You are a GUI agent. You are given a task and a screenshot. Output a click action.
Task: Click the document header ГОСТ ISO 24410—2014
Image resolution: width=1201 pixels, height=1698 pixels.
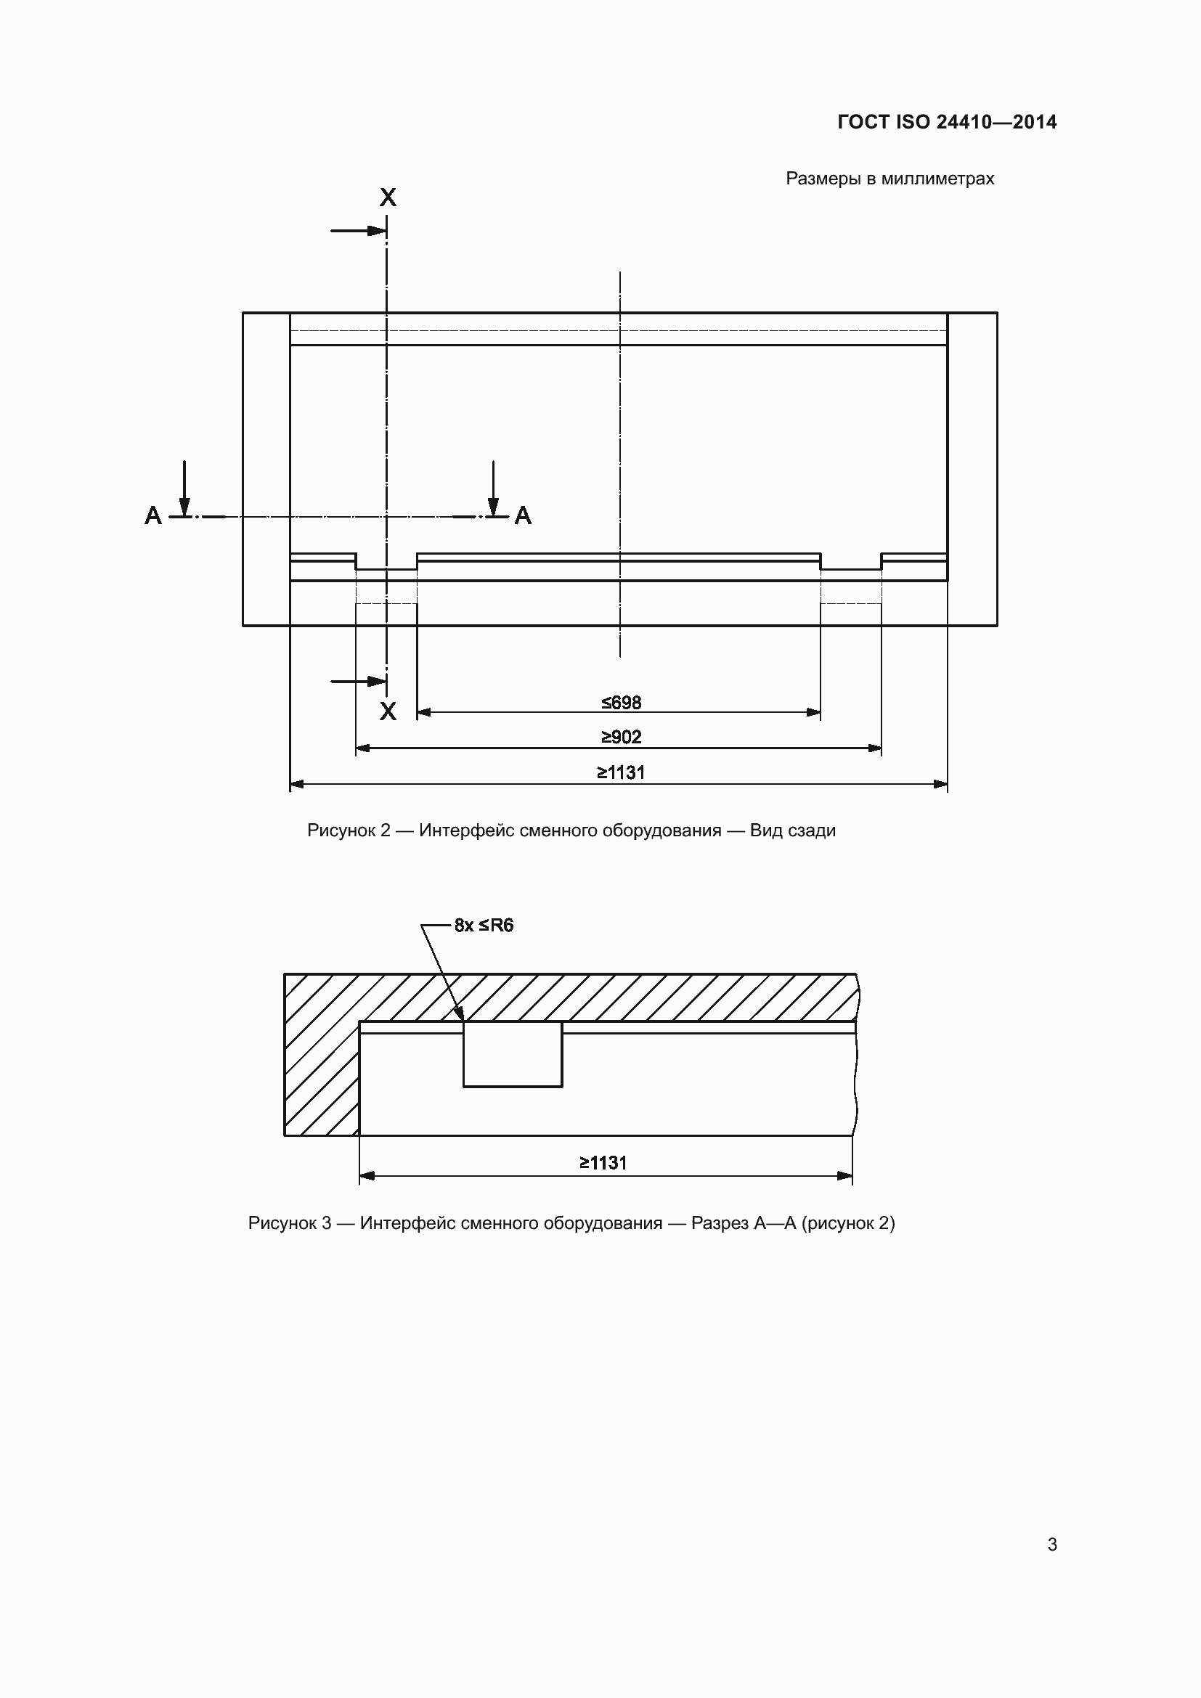(x=947, y=122)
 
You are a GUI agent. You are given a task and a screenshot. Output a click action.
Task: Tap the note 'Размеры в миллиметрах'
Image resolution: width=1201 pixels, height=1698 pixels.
(x=889, y=179)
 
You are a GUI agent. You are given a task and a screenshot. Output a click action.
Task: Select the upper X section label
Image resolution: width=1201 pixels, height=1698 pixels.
(x=388, y=197)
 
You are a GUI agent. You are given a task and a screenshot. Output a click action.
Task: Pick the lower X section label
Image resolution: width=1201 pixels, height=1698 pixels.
(x=388, y=711)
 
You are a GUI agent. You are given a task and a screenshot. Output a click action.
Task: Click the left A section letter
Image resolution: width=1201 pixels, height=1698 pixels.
(x=153, y=515)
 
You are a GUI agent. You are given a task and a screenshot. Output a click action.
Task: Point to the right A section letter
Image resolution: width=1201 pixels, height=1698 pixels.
(x=523, y=515)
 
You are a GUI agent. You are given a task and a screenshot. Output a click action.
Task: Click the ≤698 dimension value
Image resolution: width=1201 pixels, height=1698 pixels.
(x=622, y=703)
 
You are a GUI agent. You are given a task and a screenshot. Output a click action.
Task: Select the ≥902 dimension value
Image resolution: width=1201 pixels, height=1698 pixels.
(x=622, y=738)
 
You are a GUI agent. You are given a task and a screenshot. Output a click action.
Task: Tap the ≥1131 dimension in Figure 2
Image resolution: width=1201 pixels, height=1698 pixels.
(x=622, y=773)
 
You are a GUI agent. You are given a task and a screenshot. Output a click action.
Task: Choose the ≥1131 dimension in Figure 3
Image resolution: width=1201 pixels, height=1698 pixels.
(x=603, y=1163)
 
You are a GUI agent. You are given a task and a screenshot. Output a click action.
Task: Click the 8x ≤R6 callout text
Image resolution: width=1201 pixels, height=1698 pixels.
(x=484, y=925)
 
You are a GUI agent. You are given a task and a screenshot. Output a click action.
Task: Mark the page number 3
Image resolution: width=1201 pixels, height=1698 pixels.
(x=1052, y=1545)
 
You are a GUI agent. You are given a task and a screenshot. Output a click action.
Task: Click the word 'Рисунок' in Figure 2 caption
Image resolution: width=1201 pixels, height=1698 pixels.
(x=341, y=830)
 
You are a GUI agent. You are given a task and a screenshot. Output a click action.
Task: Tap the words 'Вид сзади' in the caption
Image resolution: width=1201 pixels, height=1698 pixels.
(x=793, y=830)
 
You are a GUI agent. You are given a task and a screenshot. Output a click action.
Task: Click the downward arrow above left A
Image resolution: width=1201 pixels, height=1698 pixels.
(x=184, y=488)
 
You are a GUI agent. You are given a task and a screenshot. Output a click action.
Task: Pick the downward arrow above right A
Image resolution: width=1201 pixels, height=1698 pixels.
(x=493, y=488)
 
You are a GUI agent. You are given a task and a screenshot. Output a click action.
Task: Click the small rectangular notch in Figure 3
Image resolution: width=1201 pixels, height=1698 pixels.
(x=513, y=1054)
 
